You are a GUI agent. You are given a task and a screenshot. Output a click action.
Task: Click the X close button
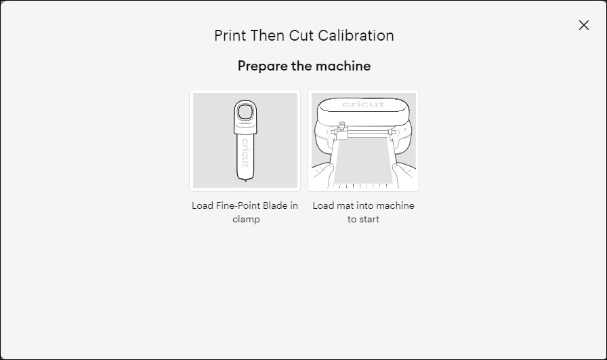click(583, 25)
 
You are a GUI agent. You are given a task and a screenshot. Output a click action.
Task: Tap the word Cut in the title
click(301, 35)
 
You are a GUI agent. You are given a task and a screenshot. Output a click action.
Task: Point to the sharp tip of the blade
click(245, 180)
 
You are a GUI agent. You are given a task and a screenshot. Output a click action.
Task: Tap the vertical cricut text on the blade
click(245, 153)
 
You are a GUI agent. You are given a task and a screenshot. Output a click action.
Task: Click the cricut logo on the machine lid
click(363, 104)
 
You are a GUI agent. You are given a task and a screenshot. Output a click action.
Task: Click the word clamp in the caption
click(245, 219)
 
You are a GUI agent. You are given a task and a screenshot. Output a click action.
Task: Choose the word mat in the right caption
click(344, 205)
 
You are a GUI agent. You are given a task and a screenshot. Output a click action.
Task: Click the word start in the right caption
click(369, 219)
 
